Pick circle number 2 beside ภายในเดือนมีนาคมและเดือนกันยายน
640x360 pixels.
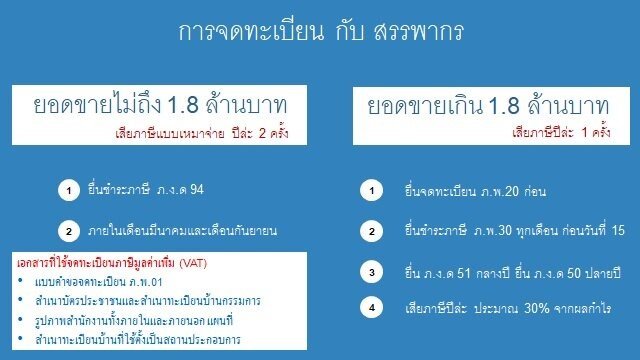coord(69,232)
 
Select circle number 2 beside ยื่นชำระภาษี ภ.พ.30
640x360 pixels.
coord(373,232)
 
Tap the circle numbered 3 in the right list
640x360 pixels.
coord(373,271)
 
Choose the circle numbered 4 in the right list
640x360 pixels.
coord(373,307)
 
